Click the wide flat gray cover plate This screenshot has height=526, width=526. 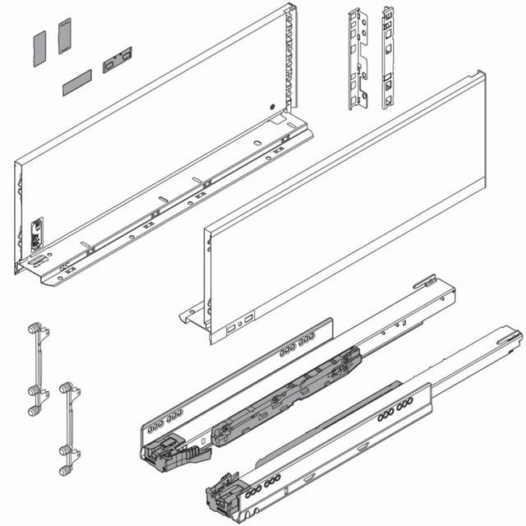[76, 82]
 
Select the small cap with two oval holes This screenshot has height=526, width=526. [117, 60]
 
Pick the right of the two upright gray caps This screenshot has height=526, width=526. [65, 36]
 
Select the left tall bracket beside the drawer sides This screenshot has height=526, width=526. [357, 59]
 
